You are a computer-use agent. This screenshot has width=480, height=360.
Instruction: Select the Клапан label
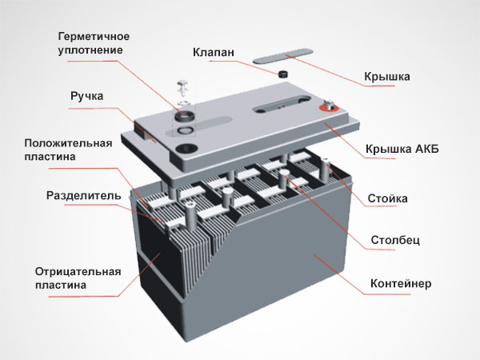coord(213,53)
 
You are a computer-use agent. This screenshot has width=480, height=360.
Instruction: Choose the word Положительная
coord(65,143)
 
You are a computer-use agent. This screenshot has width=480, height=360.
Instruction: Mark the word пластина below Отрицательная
coord(61,285)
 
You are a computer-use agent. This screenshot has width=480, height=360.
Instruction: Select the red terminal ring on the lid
coord(328,106)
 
